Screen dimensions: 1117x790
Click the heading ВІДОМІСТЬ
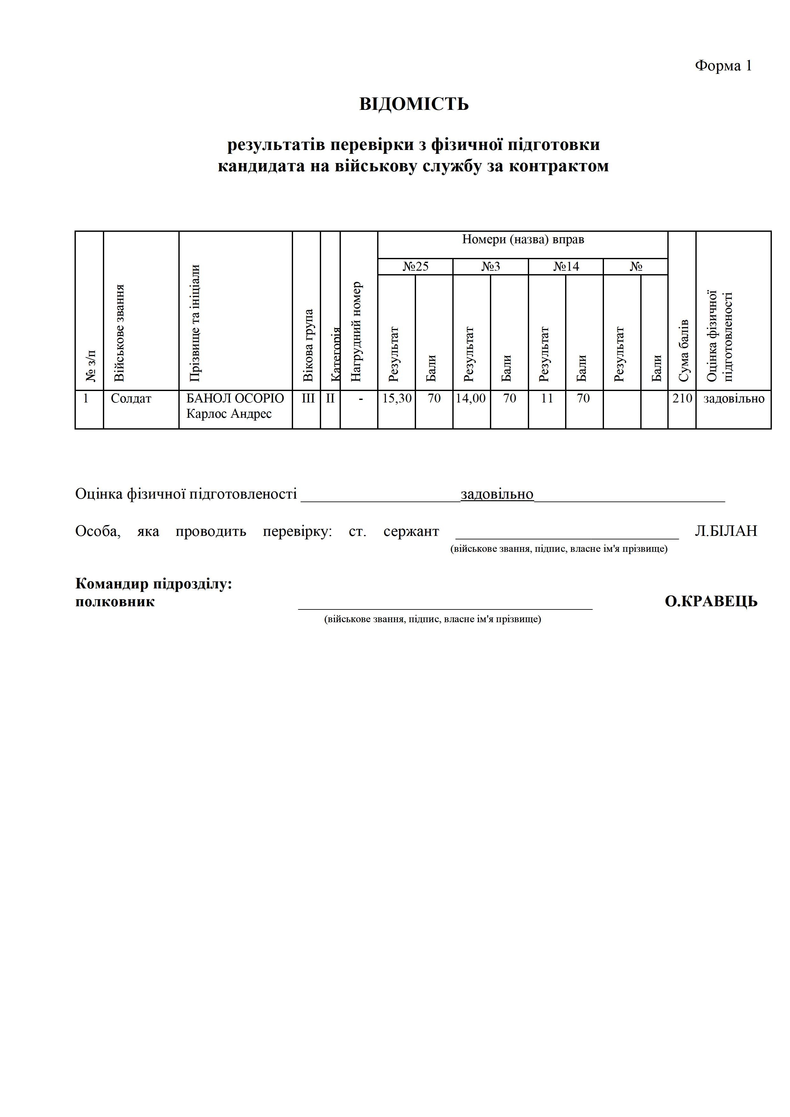coord(414,104)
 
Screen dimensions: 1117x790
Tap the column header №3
coord(491,267)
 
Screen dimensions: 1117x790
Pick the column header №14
coord(566,267)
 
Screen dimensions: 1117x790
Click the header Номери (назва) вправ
coord(523,239)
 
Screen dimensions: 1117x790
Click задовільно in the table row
coord(734,399)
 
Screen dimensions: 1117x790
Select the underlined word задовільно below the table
coord(497,494)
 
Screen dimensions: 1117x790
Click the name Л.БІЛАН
coord(726,531)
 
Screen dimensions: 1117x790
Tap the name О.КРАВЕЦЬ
coord(711,602)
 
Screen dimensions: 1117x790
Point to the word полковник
coord(115,602)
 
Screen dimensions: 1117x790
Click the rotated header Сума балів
coord(683,350)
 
